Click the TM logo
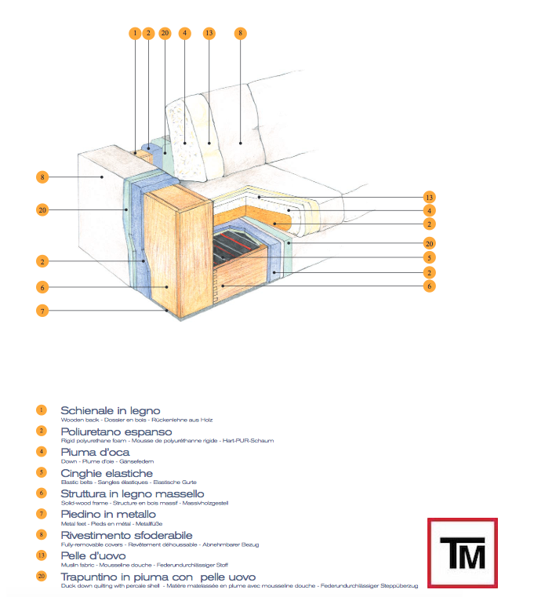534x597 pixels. (462, 552)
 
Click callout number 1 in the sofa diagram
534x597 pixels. (135, 33)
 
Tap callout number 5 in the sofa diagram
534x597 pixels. (429, 257)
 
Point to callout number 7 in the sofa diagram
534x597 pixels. (42, 311)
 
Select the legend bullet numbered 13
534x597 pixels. (42, 555)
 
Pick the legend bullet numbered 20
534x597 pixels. (42, 576)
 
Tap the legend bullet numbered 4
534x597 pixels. (42, 452)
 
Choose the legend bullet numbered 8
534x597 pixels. (42, 534)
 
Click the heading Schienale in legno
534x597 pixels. (110, 410)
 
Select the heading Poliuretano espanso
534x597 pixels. (116, 431)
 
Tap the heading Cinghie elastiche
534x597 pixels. (107, 473)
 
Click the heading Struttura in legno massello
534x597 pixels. (132, 493)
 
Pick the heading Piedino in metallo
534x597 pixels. (108, 514)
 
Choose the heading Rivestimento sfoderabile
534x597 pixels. (126, 534)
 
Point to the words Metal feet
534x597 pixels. (73, 523)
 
